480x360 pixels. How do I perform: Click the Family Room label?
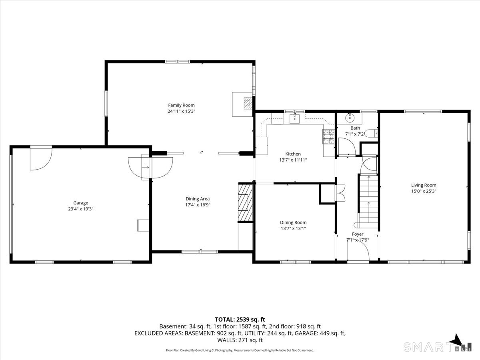tap(181, 105)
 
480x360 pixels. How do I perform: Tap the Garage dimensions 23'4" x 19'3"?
tap(81, 209)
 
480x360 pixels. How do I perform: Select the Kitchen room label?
tap(293, 154)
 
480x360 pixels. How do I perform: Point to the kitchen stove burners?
tap(328, 136)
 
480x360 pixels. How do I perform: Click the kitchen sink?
tap(294, 118)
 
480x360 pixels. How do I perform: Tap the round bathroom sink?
tap(350, 118)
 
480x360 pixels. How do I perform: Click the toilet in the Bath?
tap(371, 133)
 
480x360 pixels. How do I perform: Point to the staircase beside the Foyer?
tap(369, 201)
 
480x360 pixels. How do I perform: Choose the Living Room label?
tap(424, 185)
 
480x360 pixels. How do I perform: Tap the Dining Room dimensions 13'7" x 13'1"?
tap(293, 228)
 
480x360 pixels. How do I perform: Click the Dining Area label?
tap(198, 199)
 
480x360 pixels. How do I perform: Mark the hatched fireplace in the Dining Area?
tap(245, 203)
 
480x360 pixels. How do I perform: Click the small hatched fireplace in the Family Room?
tap(248, 103)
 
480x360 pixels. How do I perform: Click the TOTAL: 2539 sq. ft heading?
tap(240, 320)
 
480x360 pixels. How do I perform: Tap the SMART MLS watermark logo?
tap(437, 347)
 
